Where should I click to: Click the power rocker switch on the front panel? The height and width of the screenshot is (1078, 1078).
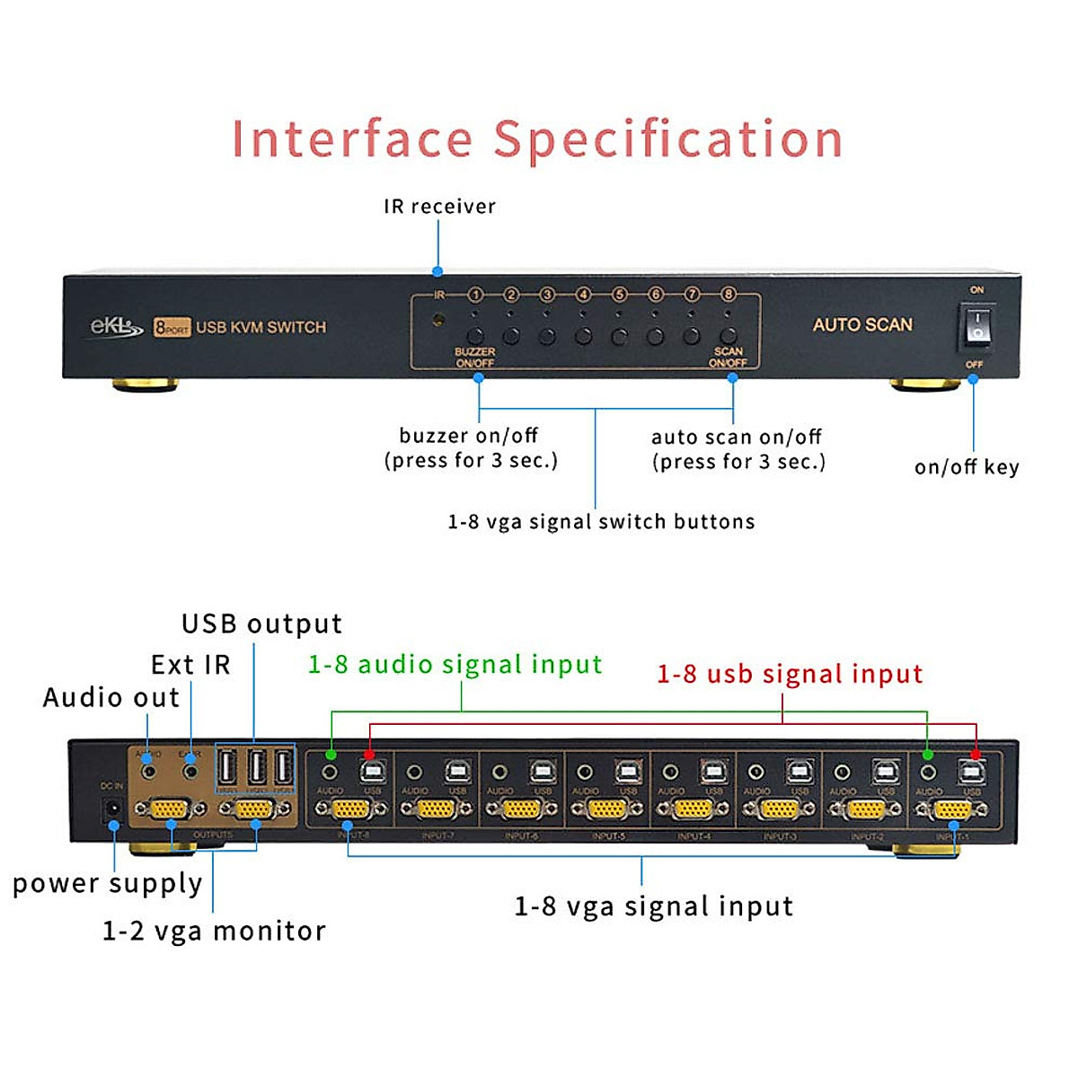coord(976,326)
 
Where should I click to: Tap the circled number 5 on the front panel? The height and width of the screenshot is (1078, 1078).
coord(619,295)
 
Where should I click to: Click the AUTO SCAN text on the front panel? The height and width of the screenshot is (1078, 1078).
coord(862,325)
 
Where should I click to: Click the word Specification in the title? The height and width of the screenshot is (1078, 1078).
coord(668,139)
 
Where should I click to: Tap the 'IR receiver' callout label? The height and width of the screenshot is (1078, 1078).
coord(439,207)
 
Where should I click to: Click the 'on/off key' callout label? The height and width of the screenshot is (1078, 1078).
coord(967,467)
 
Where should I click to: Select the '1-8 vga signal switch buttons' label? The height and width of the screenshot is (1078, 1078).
coord(601,522)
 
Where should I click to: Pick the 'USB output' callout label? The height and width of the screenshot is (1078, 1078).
coord(261,623)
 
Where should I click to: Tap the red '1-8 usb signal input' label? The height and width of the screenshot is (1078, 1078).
coord(790,674)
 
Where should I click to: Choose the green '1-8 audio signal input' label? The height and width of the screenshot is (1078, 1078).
coord(455,665)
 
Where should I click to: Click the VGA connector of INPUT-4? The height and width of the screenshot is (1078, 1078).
coord(692,809)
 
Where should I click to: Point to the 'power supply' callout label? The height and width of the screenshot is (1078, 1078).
coord(108,884)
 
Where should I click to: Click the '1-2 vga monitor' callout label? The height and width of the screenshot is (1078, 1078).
coord(214,931)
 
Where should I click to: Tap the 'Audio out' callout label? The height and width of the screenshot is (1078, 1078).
coord(111,698)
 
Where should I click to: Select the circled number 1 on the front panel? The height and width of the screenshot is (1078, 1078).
coord(475,295)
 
